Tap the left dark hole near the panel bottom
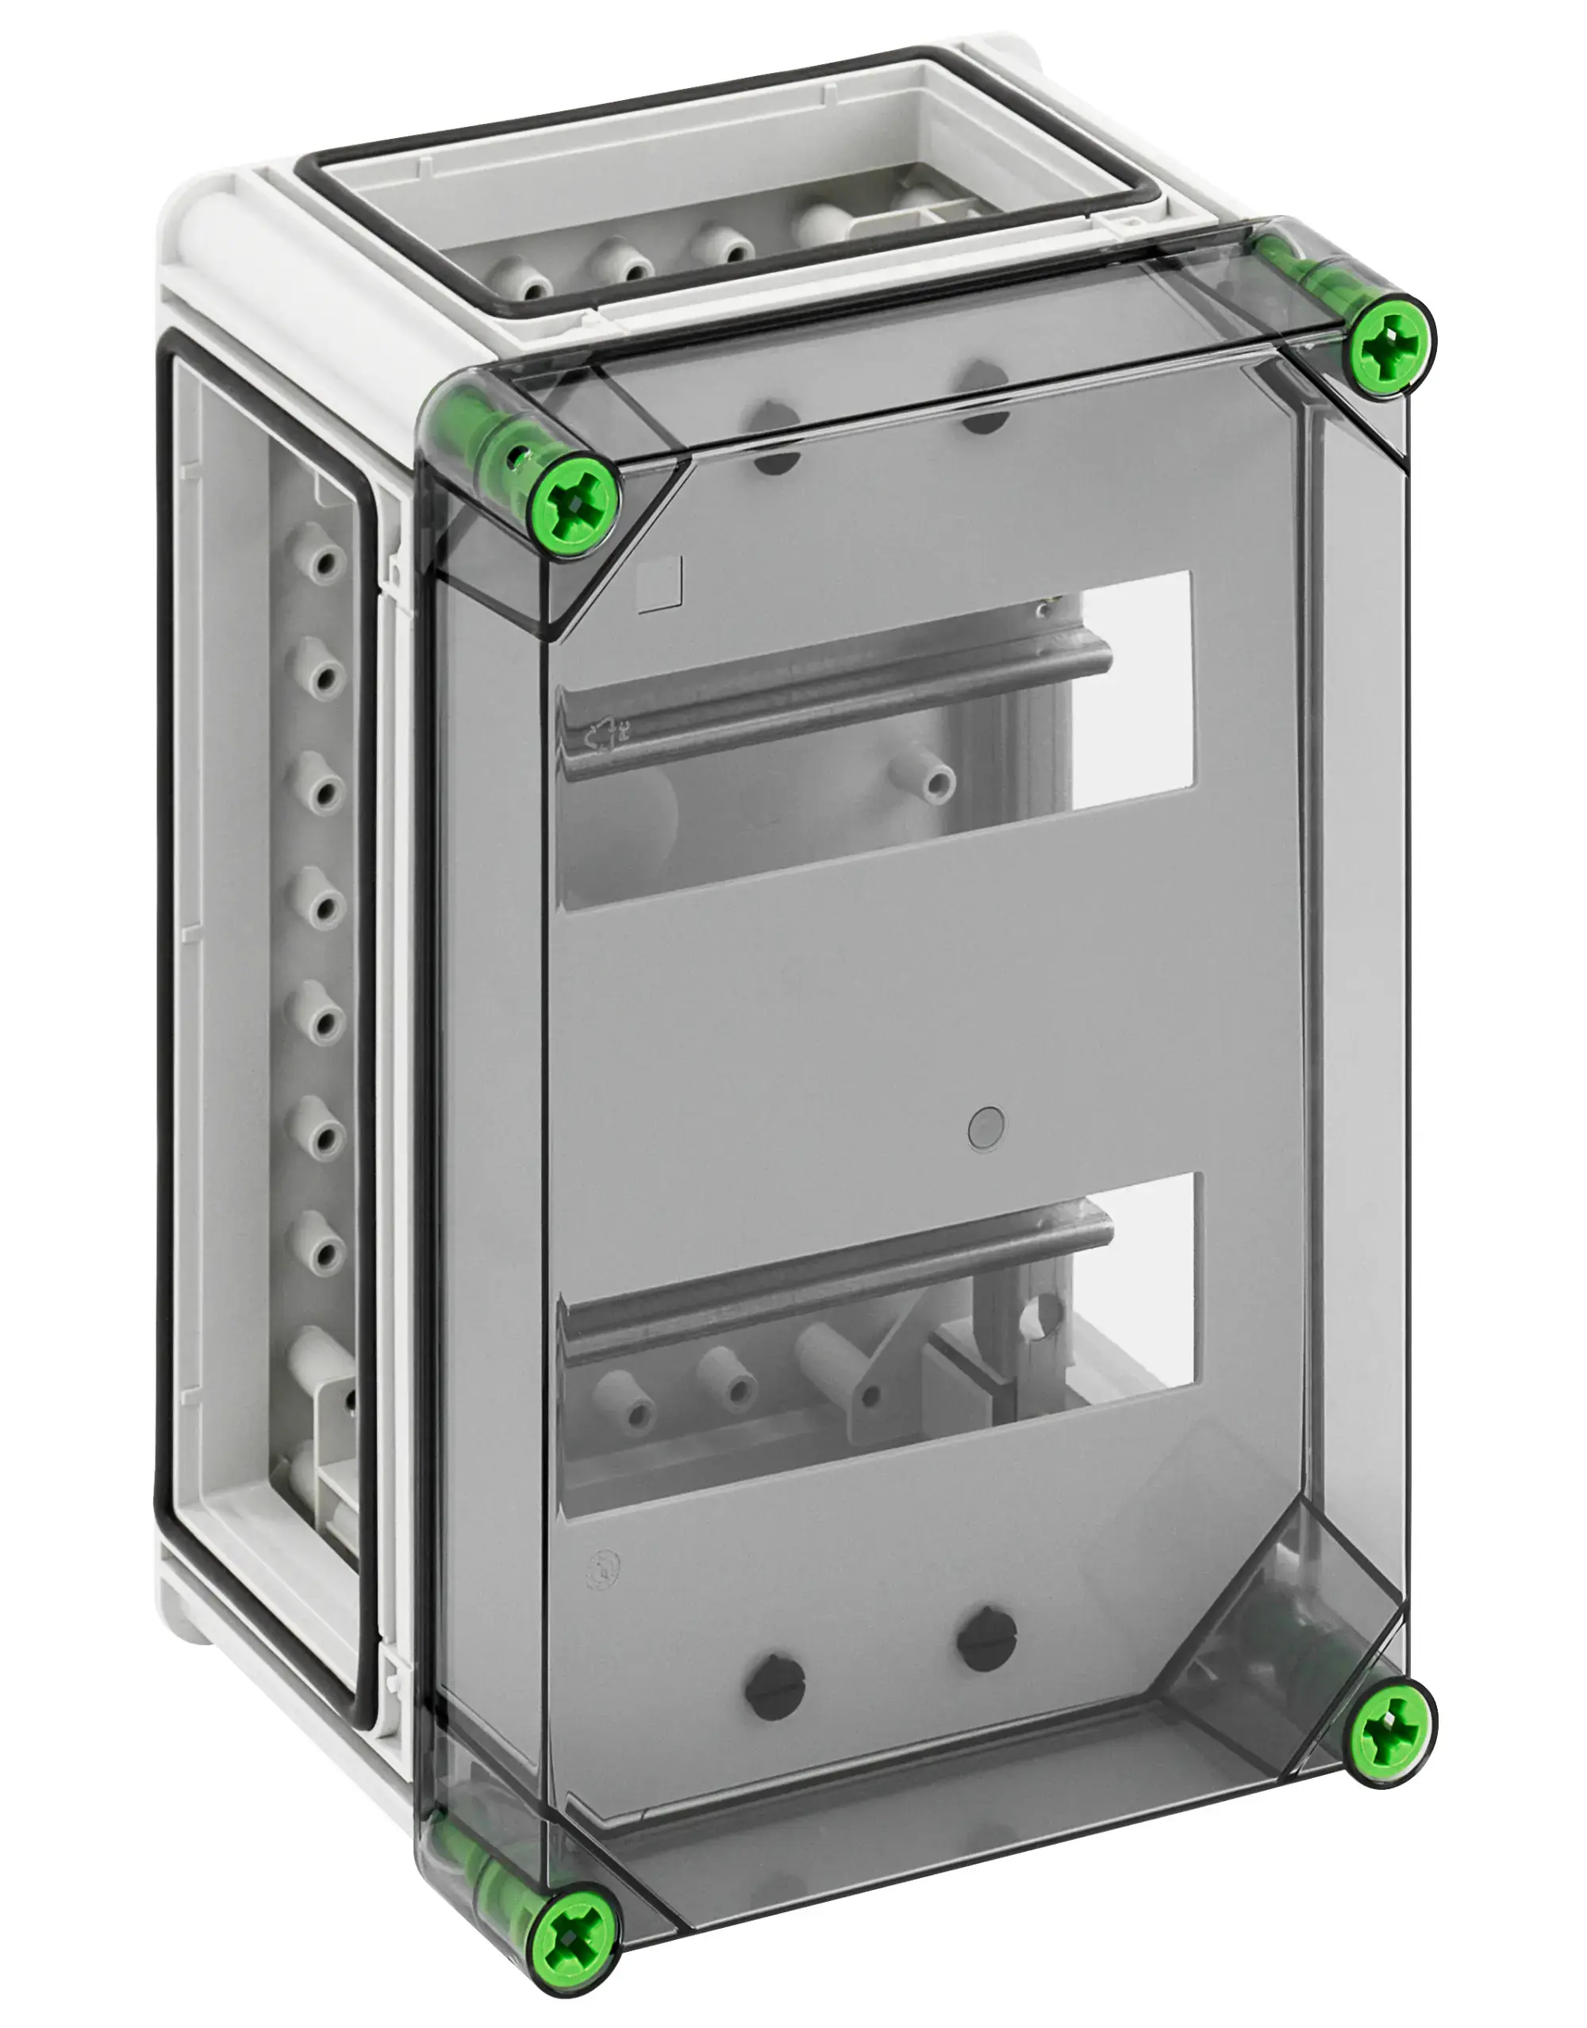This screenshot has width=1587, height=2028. (773, 1681)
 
